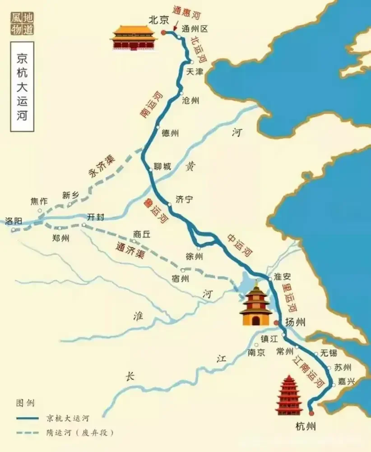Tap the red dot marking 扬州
click(277, 323)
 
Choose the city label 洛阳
click(14, 221)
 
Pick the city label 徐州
click(194, 257)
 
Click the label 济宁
click(184, 198)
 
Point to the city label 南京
click(256, 353)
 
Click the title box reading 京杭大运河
click(21, 87)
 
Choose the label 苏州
click(342, 368)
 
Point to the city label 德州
click(170, 133)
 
